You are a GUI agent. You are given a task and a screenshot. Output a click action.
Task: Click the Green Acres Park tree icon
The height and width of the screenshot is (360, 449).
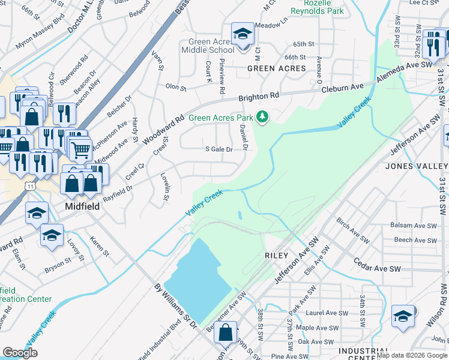pos(262,116)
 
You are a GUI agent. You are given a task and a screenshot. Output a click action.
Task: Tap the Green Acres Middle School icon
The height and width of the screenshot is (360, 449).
pos(243,34)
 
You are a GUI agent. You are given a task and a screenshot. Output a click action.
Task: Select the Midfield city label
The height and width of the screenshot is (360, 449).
pos(82,206)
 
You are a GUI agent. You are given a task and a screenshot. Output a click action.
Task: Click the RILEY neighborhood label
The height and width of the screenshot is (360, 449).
pos(277,255)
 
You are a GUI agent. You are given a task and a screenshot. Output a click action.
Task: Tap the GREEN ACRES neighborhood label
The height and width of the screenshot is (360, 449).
pos(277,68)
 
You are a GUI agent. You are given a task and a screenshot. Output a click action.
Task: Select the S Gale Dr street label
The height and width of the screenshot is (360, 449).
pos(218,149)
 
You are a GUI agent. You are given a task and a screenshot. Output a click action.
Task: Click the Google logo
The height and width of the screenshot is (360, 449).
pos(20,353)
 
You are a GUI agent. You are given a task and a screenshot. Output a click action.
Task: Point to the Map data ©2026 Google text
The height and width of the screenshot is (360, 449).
pos(412,355)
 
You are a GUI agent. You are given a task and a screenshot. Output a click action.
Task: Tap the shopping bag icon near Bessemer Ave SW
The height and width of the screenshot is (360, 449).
pos(225,332)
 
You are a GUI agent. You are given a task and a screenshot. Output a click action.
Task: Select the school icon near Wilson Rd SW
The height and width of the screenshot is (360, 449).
pos(402,316)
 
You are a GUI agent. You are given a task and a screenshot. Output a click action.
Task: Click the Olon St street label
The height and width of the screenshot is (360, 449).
pos(176,87)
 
